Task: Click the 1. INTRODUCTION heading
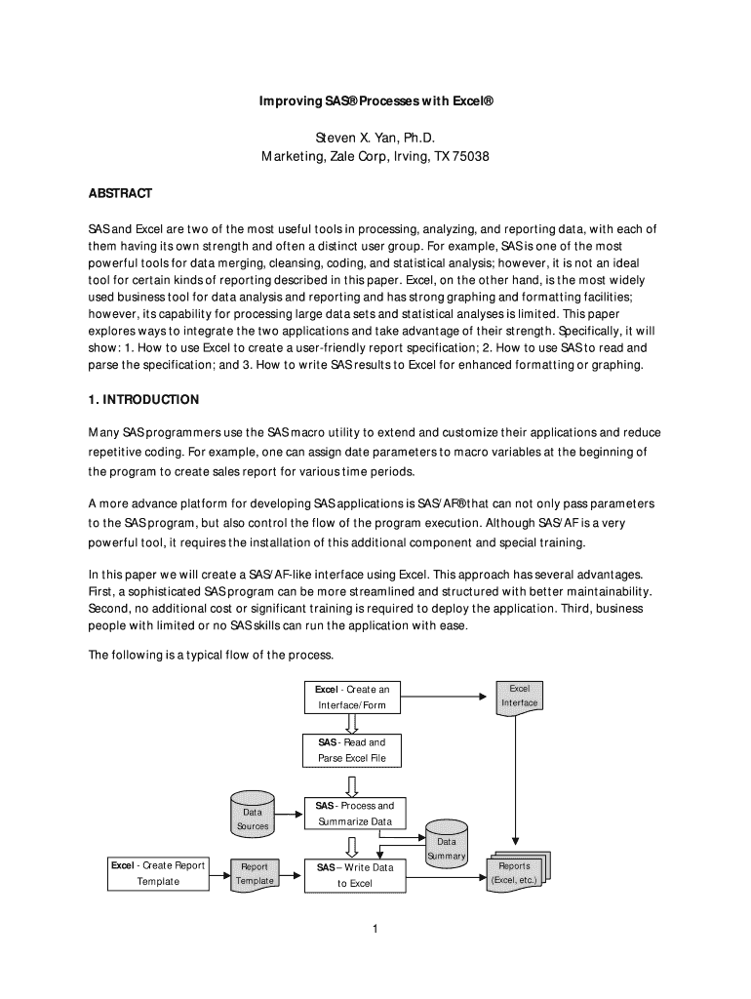click(x=143, y=400)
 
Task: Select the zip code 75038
click(x=469, y=157)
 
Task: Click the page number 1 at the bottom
click(x=375, y=928)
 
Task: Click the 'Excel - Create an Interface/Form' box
click(x=351, y=697)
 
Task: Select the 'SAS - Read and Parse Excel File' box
click(x=351, y=750)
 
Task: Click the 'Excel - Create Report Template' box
click(x=157, y=873)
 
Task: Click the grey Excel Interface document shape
click(x=519, y=697)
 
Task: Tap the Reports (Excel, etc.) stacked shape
click(x=516, y=872)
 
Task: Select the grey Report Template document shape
click(x=254, y=873)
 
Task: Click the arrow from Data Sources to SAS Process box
click(x=289, y=813)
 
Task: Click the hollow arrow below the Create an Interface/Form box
click(x=352, y=723)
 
